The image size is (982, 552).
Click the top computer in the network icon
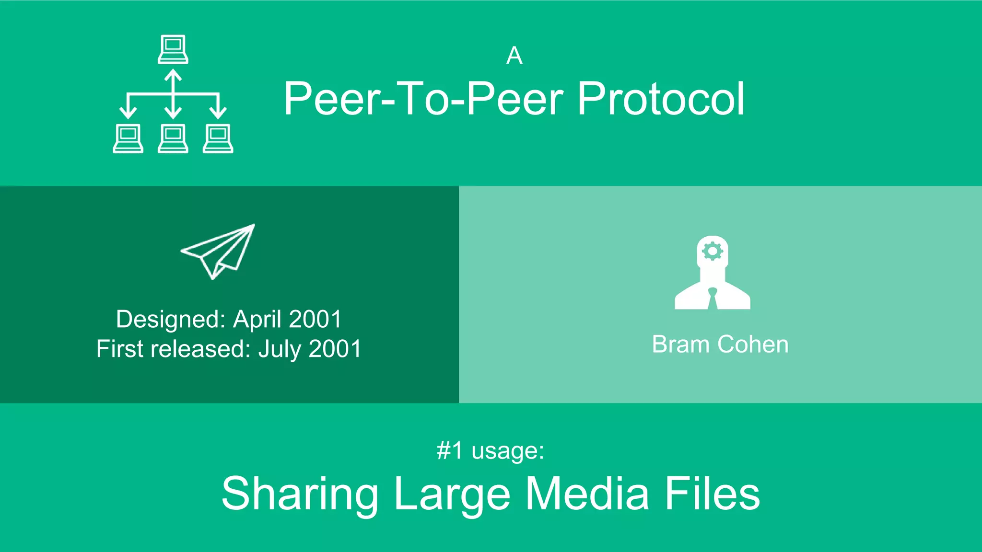click(x=173, y=49)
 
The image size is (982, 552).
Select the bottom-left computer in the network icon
click(x=128, y=138)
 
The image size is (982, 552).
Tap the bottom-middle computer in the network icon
click(x=173, y=138)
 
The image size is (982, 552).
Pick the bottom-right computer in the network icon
click(x=218, y=138)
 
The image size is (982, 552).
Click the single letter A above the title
click(x=514, y=56)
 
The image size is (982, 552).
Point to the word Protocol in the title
click(x=661, y=99)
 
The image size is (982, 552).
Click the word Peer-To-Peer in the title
click(x=423, y=99)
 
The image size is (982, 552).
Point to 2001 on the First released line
click(x=335, y=349)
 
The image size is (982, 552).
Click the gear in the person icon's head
click(x=712, y=251)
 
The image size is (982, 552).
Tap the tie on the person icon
click(x=713, y=298)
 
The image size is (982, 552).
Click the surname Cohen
click(x=753, y=345)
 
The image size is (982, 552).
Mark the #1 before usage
click(x=450, y=450)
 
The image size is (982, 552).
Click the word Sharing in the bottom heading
click(x=300, y=494)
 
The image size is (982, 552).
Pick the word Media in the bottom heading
click(x=587, y=494)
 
